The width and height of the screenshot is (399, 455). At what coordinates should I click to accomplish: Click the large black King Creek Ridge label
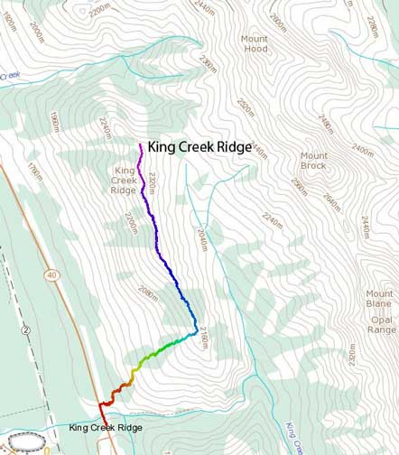click(x=200, y=146)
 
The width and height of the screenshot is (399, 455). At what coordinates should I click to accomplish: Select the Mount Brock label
click(x=314, y=161)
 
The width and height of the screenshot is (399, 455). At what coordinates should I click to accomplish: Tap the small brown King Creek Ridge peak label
click(x=124, y=180)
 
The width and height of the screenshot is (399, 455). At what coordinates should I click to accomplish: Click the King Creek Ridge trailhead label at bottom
click(x=105, y=427)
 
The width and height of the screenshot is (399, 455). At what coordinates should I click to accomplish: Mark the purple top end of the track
click(x=141, y=144)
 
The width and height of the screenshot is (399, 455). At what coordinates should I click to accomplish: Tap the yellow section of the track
click(x=136, y=370)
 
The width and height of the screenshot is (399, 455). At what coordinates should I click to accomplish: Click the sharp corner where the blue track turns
click(x=196, y=334)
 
